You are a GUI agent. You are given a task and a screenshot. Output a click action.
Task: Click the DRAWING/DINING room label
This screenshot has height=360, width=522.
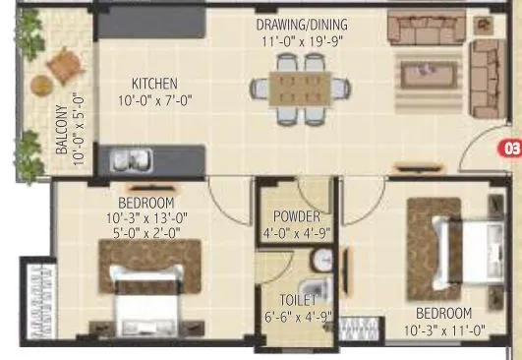301,24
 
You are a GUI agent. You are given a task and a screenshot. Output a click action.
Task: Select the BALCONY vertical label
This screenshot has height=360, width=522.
61,132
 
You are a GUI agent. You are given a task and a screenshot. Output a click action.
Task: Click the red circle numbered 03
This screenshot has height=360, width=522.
512,150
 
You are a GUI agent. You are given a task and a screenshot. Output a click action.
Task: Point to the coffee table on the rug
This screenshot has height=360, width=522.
429,71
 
